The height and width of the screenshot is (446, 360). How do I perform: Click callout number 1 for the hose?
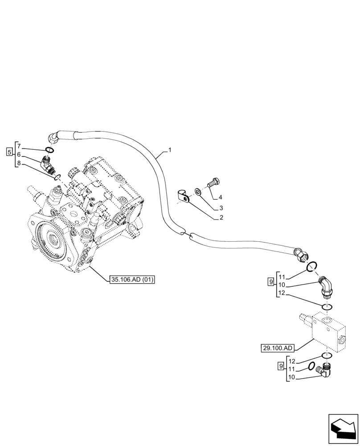(169, 150)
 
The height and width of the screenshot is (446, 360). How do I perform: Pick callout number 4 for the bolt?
(220, 197)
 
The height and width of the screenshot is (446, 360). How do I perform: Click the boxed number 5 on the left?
(9, 152)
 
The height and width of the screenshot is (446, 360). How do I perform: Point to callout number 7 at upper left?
(19, 145)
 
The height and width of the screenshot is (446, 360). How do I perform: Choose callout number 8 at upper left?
(19, 163)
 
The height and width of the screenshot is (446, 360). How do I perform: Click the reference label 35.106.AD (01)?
(131, 280)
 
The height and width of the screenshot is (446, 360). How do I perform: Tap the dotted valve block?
(323, 330)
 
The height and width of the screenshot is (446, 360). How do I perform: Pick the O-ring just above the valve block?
(327, 307)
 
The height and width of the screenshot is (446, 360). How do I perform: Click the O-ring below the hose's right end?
(312, 266)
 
